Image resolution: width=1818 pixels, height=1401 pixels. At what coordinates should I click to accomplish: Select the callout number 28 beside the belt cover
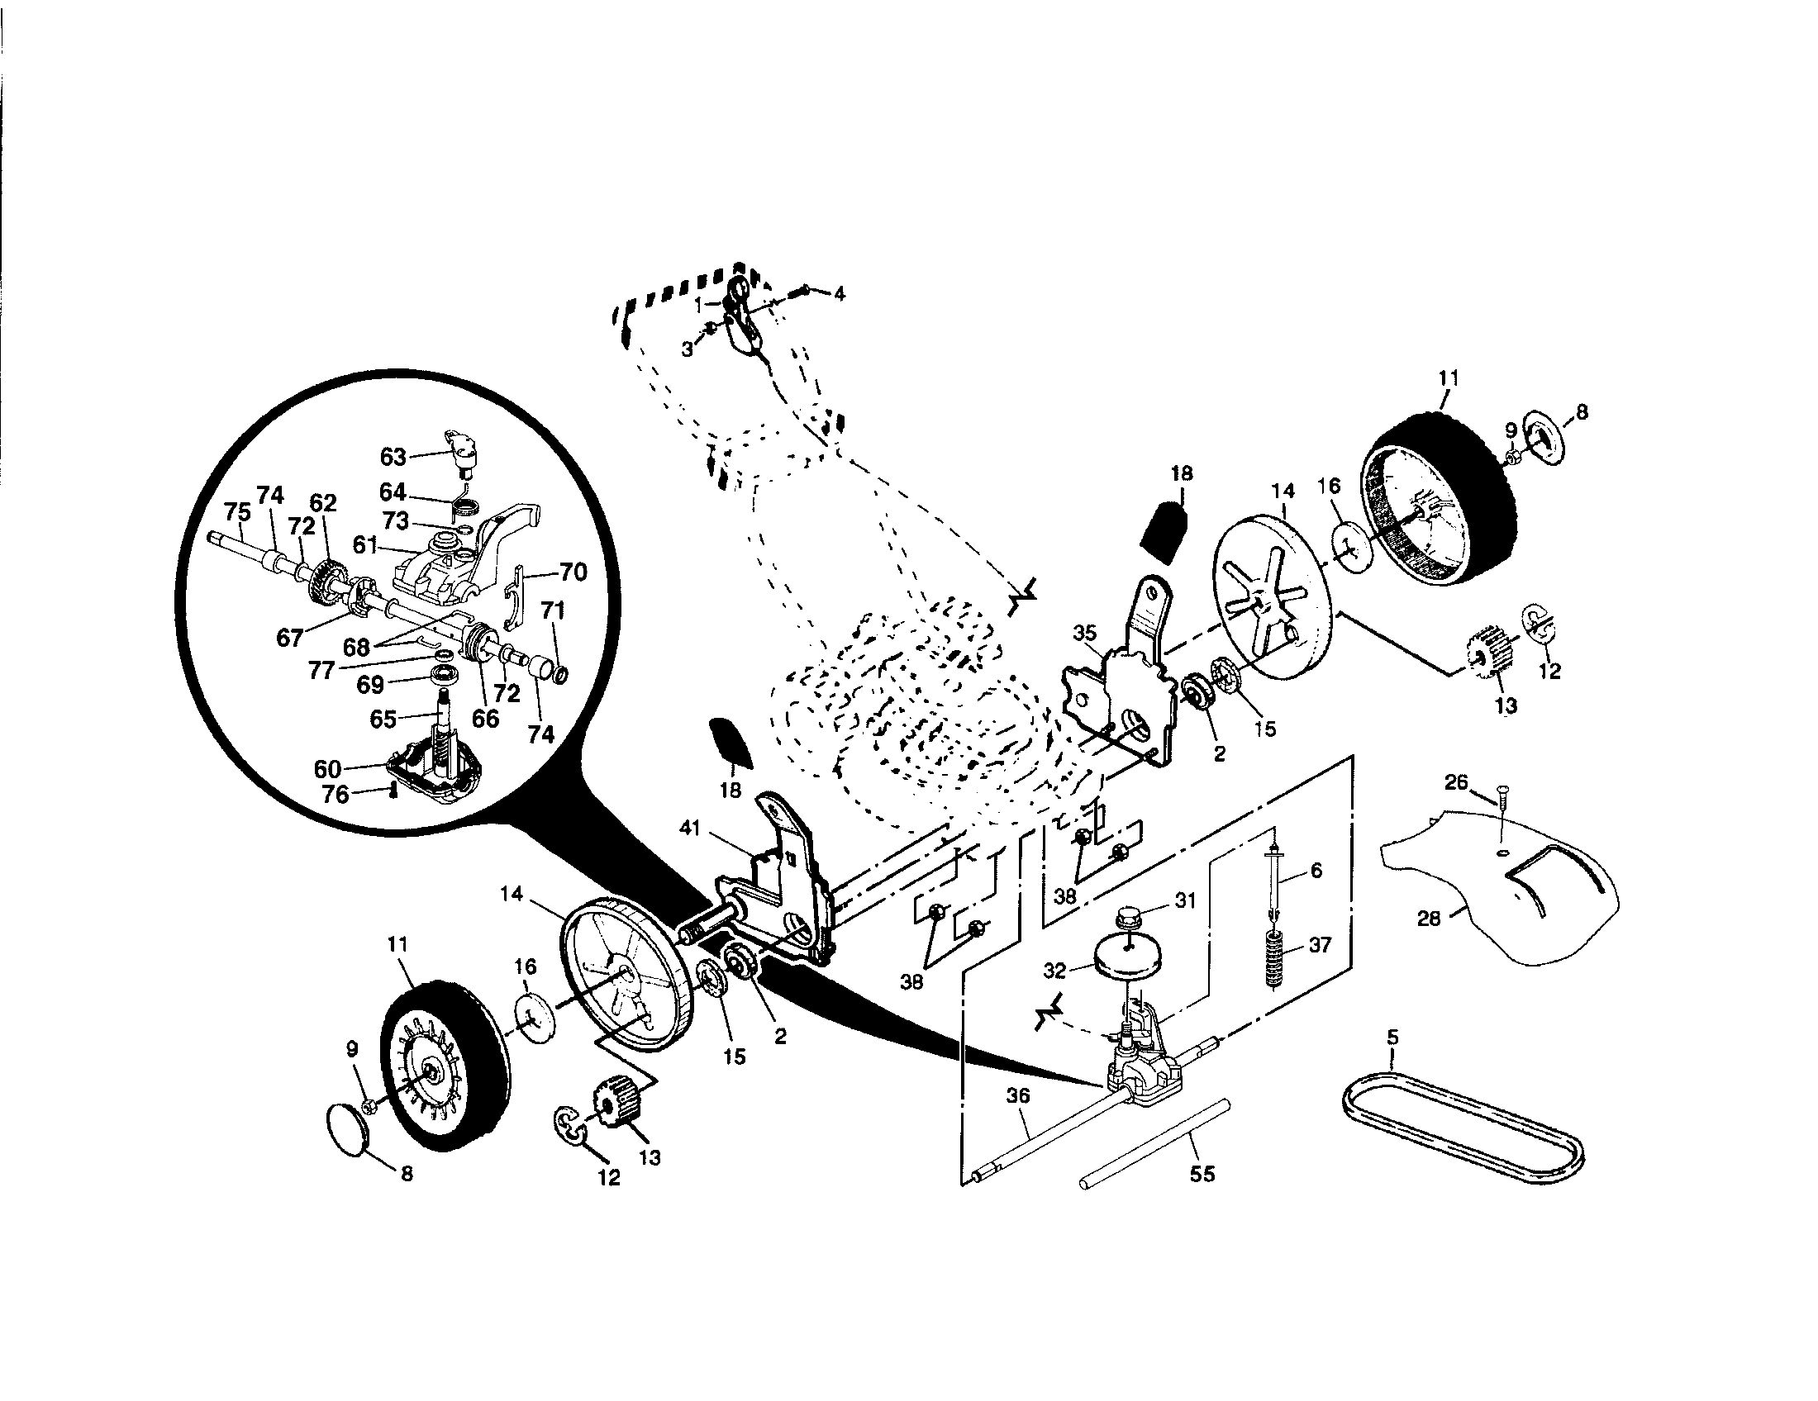[1429, 919]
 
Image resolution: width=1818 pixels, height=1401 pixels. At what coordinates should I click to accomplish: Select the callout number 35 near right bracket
[1085, 633]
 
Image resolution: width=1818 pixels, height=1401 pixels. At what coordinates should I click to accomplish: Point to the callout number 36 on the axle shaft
[1018, 1096]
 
